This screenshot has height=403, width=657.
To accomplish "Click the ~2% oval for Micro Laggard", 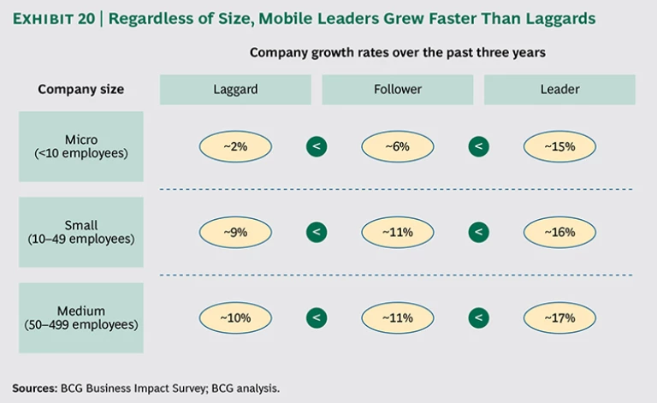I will coord(235,146).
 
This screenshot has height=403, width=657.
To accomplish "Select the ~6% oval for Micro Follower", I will coord(397,146).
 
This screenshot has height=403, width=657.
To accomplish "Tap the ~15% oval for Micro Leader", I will coord(559,146).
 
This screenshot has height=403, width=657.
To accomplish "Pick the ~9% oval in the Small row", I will coord(235,231).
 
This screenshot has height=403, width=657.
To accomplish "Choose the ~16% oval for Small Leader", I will coord(559,231).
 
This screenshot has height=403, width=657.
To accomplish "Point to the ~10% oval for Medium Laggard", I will coord(235,317).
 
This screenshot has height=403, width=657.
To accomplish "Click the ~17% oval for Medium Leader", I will coord(559,317).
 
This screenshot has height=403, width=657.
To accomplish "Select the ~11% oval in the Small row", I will coord(397,231).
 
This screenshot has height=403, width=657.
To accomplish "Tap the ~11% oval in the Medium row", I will coord(397,317).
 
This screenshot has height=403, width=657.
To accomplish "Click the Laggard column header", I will coord(236,89).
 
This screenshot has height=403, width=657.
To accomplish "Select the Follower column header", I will coord(398,89).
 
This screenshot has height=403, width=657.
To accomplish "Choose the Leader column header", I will coord(559,89).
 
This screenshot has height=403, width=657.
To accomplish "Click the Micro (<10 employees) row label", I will coord(81,146).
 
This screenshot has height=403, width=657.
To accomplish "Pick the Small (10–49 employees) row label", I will coord(81,232).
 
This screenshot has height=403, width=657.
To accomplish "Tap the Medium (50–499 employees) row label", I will coord(81,317).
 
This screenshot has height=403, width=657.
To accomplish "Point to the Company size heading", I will coord(81,89).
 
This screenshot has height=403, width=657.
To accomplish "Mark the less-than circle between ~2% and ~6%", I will coord(317,146).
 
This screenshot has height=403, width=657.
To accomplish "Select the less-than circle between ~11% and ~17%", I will coord(479,317).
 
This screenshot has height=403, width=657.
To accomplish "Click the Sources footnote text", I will coord(145,388).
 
